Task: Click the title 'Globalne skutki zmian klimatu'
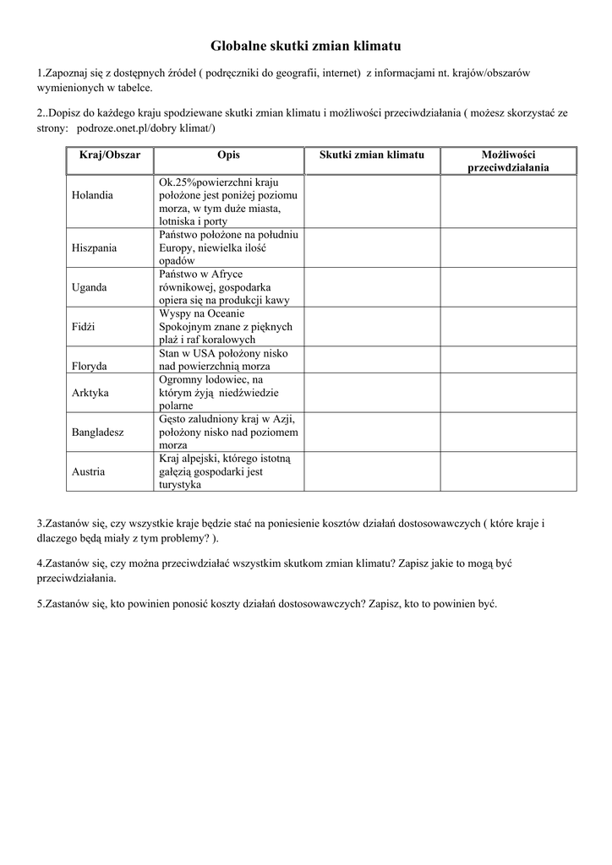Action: (x=305, y=46)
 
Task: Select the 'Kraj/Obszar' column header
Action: (x=110, y=155)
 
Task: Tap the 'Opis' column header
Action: (x=228, y=155)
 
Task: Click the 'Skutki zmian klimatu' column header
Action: (x=372, y=155)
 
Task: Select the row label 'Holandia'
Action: (x=92, y=195)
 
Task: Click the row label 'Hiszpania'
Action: (x=95, y=248)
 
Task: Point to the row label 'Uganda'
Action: (x=90, y=287)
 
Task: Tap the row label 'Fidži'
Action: (x=84, y=326)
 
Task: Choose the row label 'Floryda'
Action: (x=90, y=367)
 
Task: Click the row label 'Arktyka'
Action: (x=90, y=393)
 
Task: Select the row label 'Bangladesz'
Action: (x=98, y=432)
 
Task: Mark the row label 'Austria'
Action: (x=89, y=471)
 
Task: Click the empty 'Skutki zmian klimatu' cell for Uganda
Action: (x=372, y=287)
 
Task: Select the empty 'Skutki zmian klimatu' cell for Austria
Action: (x=372, y=471)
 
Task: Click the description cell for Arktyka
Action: (x=228, y=393)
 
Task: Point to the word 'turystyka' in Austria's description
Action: (x=178, y=485)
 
